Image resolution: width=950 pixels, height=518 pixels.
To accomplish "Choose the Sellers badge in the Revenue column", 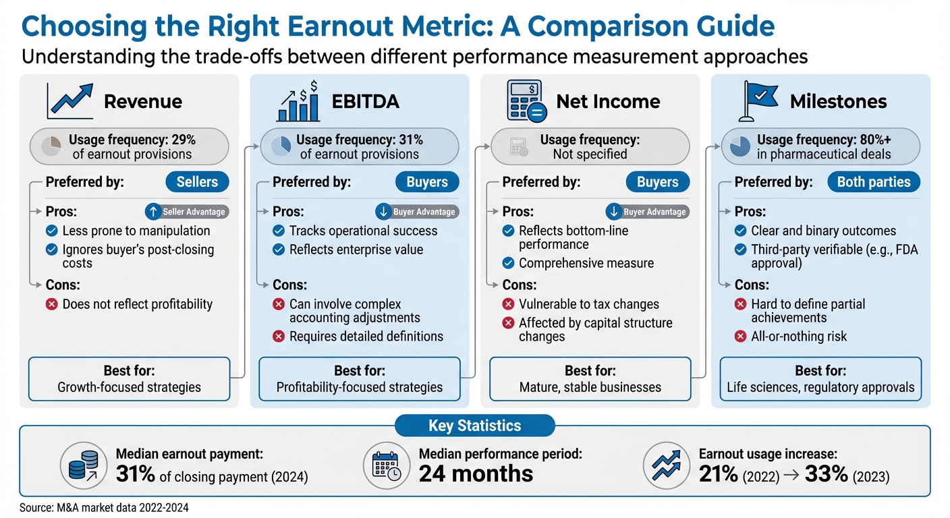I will (x=197, y=182).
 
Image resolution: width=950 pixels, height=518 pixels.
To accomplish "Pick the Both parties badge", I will (x=873, y=182).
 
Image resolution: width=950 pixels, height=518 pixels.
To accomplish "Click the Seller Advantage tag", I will (x=187, y=212).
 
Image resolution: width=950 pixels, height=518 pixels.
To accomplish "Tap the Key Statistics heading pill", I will (x=474, y=426).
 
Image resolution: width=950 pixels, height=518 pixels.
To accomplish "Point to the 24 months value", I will (x=476, y=473).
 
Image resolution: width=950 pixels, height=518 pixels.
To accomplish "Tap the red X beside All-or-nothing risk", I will (x=741, y=336).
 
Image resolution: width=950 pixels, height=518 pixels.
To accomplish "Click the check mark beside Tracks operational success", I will (x=278, y=231).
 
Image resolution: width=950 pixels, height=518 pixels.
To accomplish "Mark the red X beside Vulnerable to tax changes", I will (x=509, y=304).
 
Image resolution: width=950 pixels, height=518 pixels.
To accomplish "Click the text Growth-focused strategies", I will (x=129, y=387).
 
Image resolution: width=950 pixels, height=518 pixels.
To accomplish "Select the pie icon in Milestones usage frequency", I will (x=739, y=146).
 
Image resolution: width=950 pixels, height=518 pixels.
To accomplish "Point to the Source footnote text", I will (x=104, y=508).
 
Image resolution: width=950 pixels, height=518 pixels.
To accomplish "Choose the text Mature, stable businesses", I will (x=590, y=387).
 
